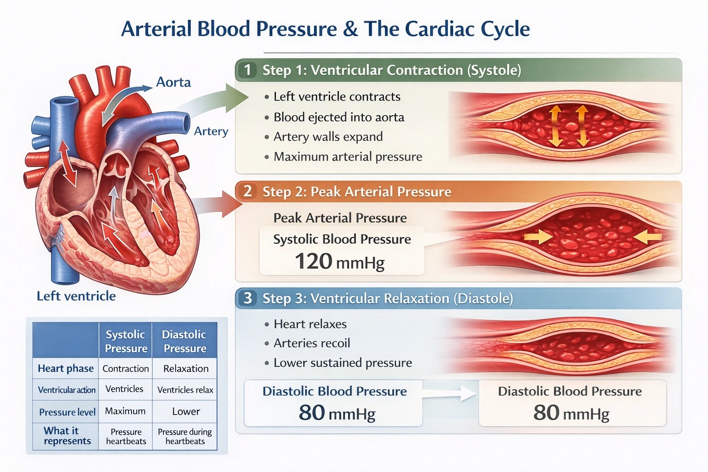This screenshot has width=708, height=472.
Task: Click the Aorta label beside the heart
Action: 173,82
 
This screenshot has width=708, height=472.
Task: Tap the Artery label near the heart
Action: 211,131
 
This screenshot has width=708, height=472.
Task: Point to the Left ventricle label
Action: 76,296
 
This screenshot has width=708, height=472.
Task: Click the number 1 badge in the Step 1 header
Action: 248,70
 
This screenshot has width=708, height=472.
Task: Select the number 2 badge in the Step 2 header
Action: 248,191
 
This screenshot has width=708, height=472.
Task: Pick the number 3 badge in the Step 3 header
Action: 248,298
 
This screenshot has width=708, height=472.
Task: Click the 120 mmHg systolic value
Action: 339,262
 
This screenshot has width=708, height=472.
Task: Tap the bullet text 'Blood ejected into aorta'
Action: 339,117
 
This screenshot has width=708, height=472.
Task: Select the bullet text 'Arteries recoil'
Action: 312,343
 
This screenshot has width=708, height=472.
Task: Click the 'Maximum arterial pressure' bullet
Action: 348,157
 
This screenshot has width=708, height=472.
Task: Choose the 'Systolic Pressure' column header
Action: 126,341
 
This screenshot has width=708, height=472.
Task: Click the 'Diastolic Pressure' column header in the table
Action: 184,341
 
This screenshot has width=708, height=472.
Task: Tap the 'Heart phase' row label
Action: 65,369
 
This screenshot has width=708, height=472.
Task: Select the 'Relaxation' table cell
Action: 186,369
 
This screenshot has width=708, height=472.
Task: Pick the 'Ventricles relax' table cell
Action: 185,390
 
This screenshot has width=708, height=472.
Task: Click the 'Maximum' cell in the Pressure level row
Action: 125,411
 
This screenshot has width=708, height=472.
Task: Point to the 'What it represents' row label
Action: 65,436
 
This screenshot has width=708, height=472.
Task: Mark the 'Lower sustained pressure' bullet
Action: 342,363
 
